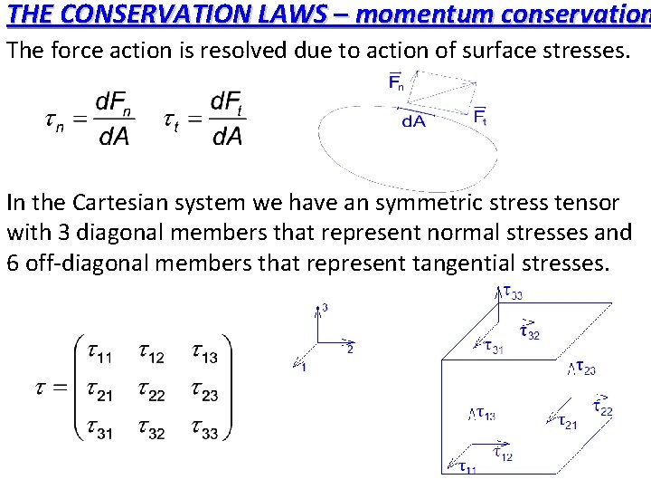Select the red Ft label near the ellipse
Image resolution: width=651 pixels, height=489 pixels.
pos(479,116)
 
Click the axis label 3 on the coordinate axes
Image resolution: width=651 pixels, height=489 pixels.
pos(325,309)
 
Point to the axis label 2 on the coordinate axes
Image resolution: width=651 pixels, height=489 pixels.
pos(349,350)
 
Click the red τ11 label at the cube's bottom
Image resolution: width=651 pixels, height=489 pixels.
pos(468,467)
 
